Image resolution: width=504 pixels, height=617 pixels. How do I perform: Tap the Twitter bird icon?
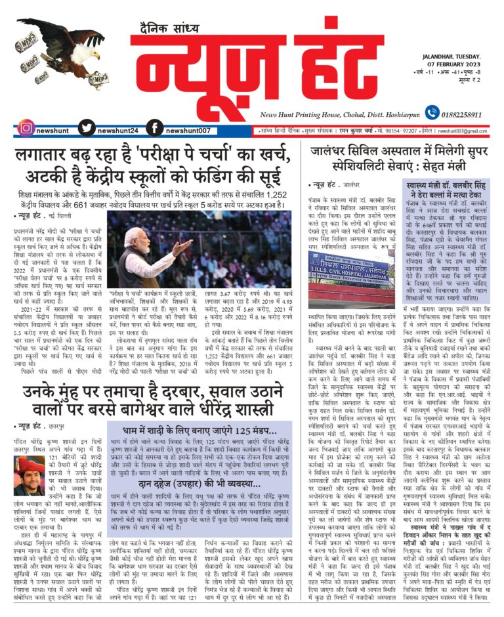coord(87,128)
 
